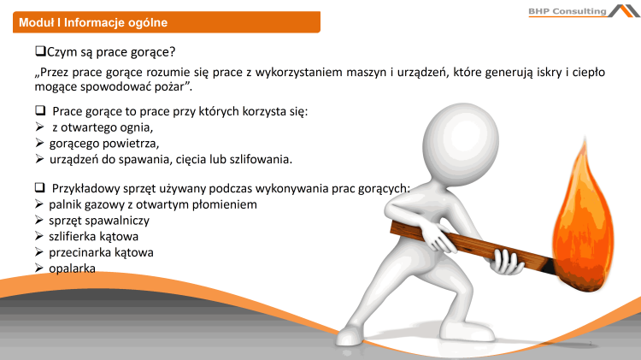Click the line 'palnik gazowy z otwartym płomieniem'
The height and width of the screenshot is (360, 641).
[153, 205]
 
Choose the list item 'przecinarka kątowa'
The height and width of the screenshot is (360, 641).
[101, 252]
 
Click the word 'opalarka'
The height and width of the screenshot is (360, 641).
[72, 268]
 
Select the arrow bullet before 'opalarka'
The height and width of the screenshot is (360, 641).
[39, 268]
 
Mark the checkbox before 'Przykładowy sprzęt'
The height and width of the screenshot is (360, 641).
[39, 187]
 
